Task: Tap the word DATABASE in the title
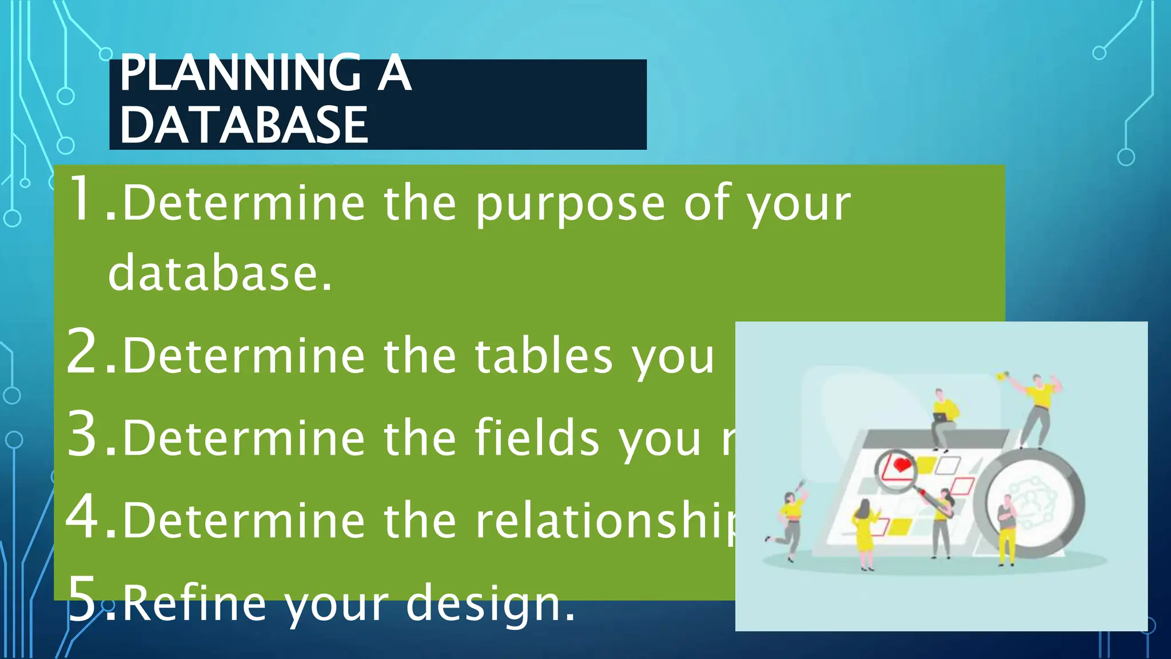[x=244, y=125]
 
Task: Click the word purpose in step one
[x=571, y=205]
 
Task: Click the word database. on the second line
[x=220, y=273]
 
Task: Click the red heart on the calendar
[x=902, y=465]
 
